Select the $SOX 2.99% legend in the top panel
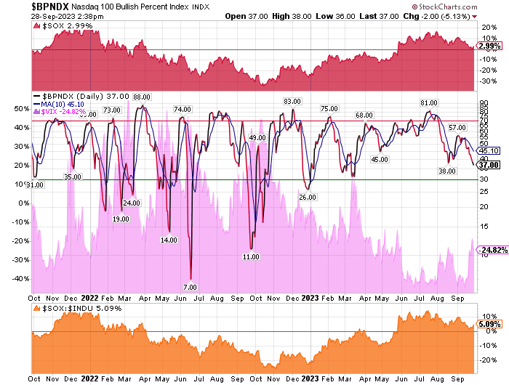[59, 25]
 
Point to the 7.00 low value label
[190, 288]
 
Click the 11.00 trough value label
[251, 257]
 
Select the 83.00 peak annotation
[292, 101]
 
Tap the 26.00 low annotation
[308, 197]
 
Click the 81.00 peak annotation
[429, 102]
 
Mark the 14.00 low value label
[169, 240]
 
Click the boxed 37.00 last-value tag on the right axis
[487, 165]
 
